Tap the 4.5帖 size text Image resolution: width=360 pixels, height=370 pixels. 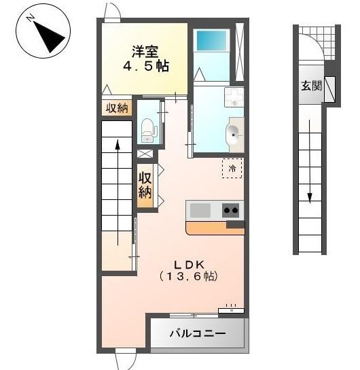145,67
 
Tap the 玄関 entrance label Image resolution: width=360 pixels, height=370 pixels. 311,86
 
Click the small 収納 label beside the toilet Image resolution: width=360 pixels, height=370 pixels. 117,108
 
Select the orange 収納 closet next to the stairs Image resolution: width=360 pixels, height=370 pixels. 145,184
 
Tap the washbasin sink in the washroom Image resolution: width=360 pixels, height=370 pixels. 235,133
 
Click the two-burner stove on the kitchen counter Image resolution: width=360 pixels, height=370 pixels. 232,210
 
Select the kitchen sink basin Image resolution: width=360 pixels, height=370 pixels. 201,210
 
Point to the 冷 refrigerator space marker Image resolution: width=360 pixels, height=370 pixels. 232,167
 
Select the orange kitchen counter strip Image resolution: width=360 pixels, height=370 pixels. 215,228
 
